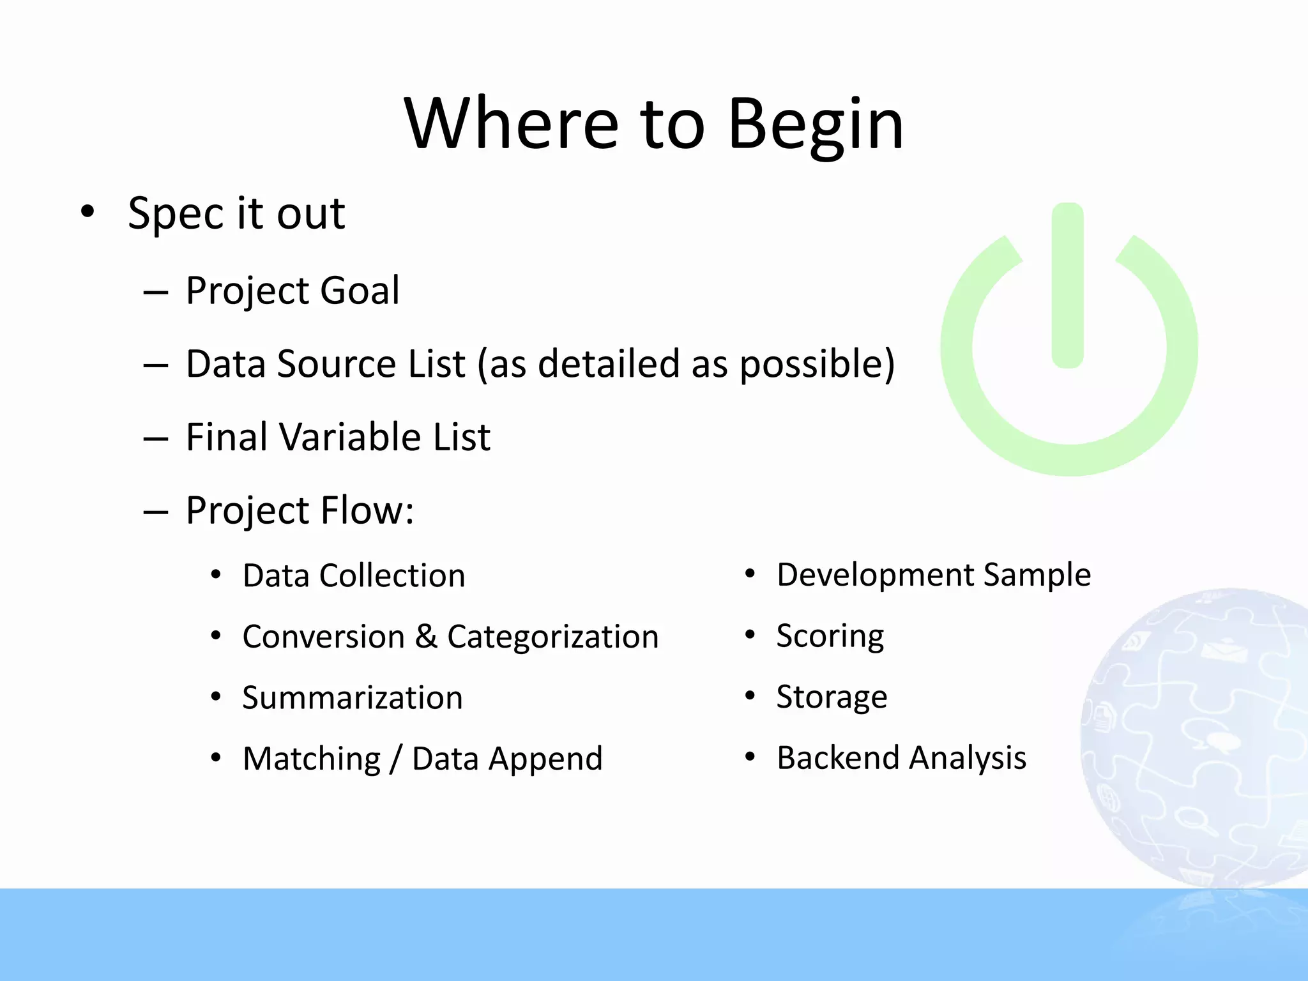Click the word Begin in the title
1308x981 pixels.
tap(815, 125)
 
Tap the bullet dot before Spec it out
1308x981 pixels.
tap(87, 211)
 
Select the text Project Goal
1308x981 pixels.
tap(293, 291)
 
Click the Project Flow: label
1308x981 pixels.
tap(300, 511)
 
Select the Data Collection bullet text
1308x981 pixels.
tap(354, 575)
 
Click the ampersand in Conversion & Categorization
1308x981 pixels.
tap(426, 637)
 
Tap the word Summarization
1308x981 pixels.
tap(353, 697)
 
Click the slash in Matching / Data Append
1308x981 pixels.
tap(396, 759)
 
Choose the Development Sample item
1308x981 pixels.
tap(933, 575)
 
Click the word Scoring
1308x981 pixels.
tap(830, 636)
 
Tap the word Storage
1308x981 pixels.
tap(832, 697)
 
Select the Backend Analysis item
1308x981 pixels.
tap(901, 758)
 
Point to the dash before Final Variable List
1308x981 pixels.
tap(156, 439)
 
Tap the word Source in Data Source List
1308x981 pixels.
tap(336, 365)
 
